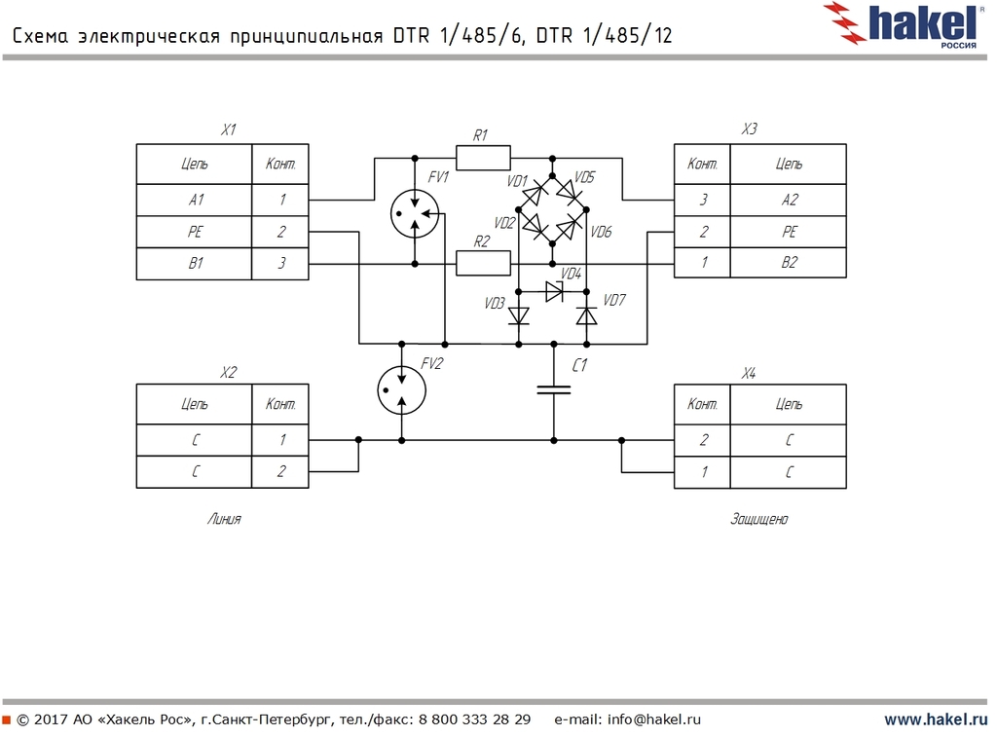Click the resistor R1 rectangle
pos(483,157)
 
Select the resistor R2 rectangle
pos(483,263)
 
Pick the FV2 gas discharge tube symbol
pos(401,388)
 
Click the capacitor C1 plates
pos(553,390)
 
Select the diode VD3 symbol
pos(519,315)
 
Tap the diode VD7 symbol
pos(586,315)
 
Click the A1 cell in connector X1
pos(195,200)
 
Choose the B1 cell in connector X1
pos(195,263)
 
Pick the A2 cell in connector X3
pos(789,200)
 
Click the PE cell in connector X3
pos(789,232)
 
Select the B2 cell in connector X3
pos(789,263)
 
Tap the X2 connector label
pos(228,372)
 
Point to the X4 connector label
pos(748,372)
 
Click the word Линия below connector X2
pos(224,520)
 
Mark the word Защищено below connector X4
pos(759,520)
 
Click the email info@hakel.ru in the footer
pos(654,720)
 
